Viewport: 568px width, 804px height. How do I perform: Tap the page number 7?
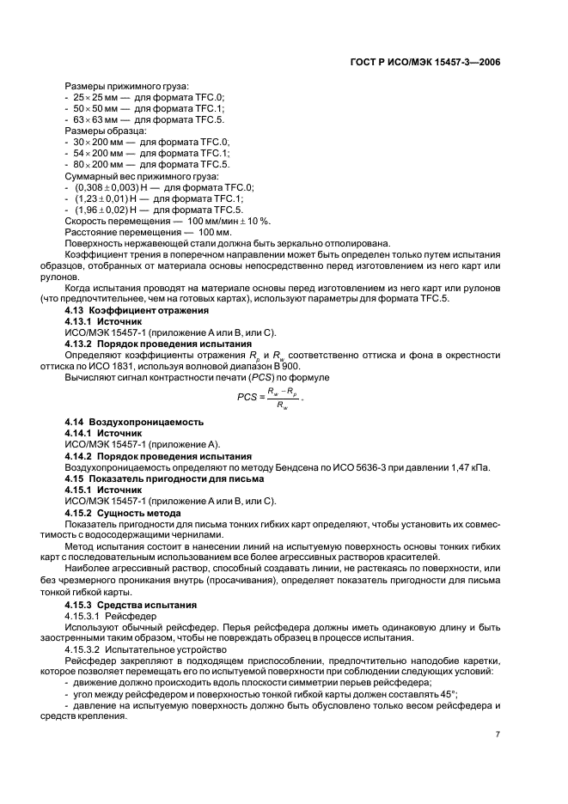click(x=498, y=735)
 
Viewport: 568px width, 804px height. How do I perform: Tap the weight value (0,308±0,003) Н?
click(x=108, y=186)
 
